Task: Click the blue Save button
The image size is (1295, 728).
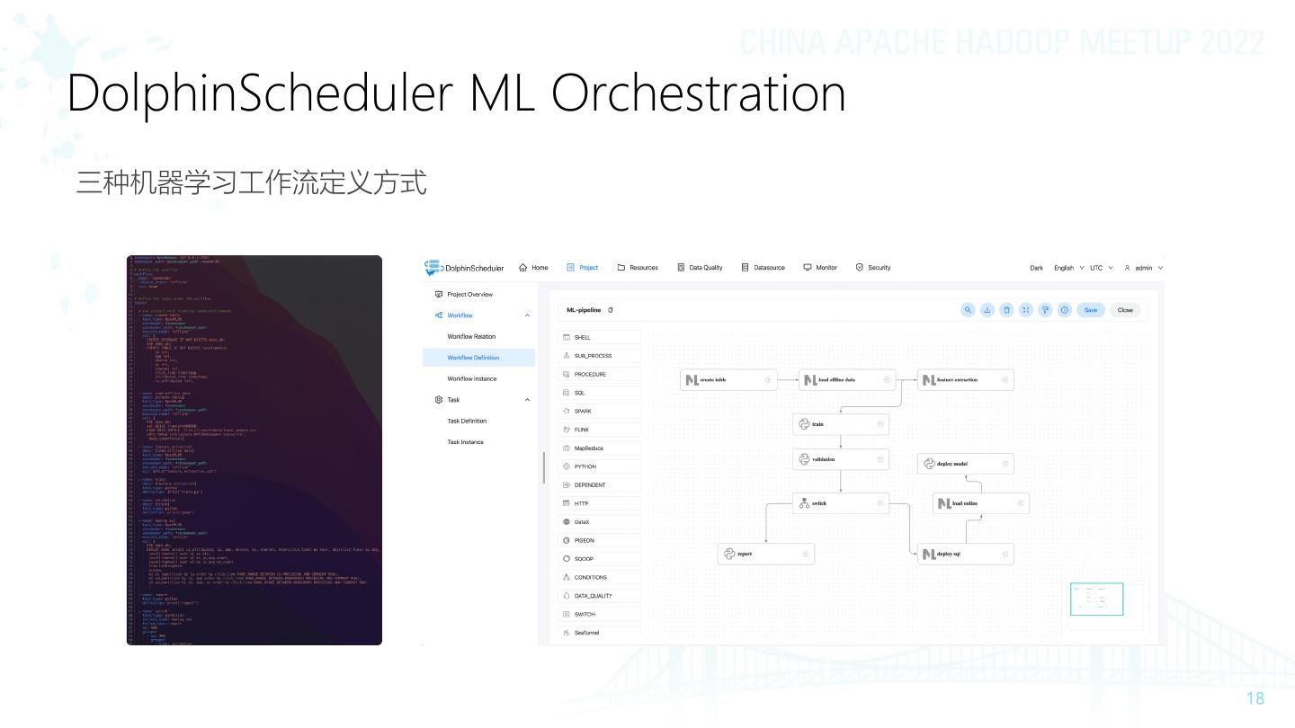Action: point(1091,310)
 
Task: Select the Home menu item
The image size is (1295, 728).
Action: point(534,268)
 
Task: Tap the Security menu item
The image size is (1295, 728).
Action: point(873,268)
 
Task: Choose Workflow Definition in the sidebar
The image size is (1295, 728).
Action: point(473,358)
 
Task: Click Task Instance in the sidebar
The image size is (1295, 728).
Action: point(465,442)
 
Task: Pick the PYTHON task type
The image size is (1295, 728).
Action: point(585,466)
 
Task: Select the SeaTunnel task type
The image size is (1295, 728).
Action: point(586,633)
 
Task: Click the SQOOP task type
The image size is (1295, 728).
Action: point(585,559)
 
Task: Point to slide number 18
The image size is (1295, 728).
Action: point(1255,698)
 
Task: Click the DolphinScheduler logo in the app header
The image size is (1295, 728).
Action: point(464,268)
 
